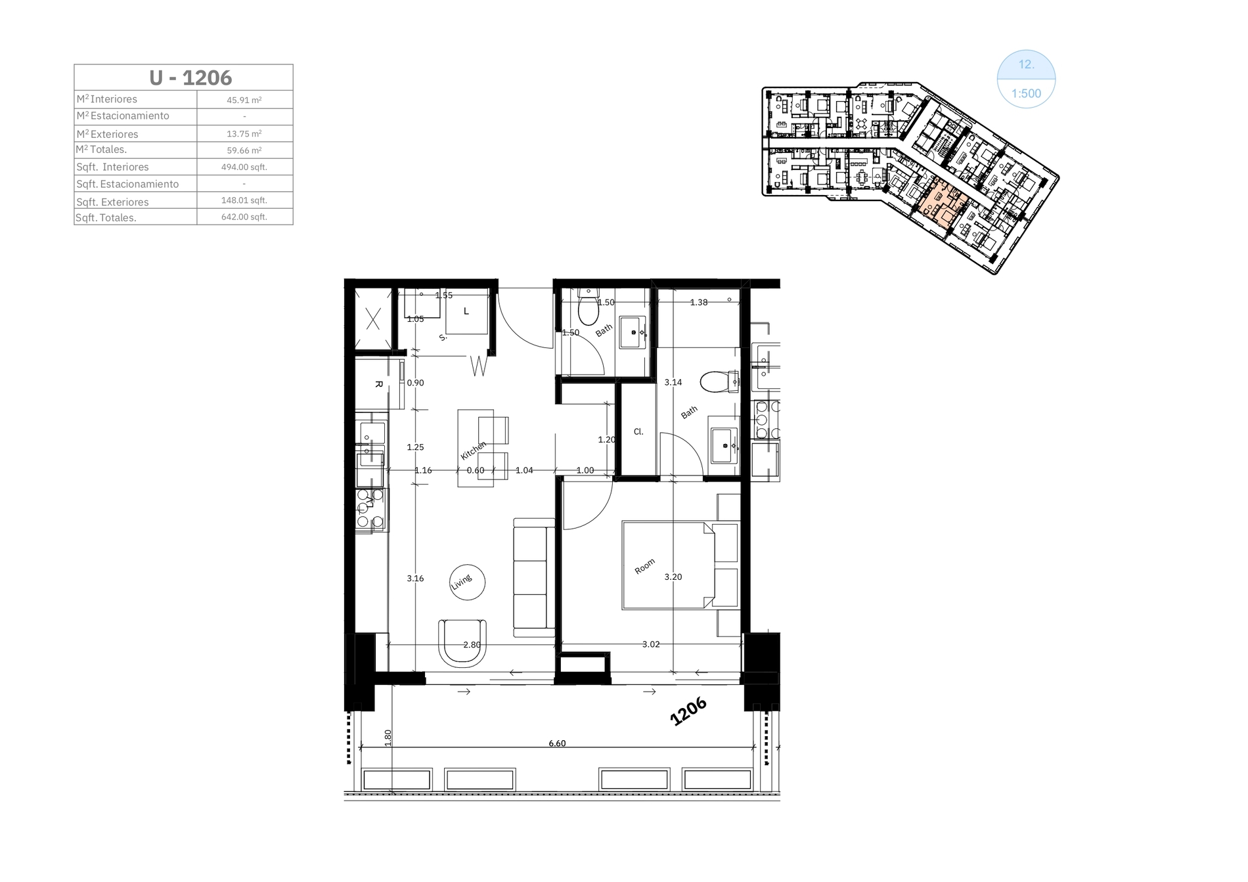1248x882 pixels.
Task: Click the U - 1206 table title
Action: pyautogui.click(x=190, y=77)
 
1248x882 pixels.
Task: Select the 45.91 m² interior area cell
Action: pyautogui.click(x=244, y=100)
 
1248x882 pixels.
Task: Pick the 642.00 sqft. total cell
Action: pyautogui.click(x=244, y=217)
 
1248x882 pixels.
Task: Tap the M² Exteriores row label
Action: pyautogui.click(x=107, y=134)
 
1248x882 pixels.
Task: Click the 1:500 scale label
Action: pyautogui.click(x=1026, y=93)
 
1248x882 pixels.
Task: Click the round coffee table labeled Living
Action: pyautogui.click(x=467, y=582)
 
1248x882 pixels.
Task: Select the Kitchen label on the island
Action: pyautogui.click(x=474, y=451)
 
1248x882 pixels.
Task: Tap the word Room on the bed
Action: pyautogui.click(x=645, y=567)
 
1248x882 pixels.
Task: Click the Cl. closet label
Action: pyautogui.click(x=638, y=432)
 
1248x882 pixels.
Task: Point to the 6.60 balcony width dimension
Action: pyautogui.click(x=557, y=743)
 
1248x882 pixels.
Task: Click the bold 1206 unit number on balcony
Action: pyautogui.click(x=688, y=711)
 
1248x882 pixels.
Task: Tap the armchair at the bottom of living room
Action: pyautogui.click(x=463, y=643)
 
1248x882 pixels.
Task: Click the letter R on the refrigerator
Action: pyautogui.click(x=378, y=384)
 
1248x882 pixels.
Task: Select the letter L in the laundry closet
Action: pyautogui.click(x=466, y=311)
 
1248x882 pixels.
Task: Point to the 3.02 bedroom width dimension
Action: pyautogui.click(x=651, y=644)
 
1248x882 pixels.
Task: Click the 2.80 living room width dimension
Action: pyautogui.click(x=472, y=645)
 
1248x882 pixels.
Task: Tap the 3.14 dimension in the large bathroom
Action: pyautogui.click(x=673, y=382)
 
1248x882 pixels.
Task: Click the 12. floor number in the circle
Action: pyautogui.click(x=1026, y=64)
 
